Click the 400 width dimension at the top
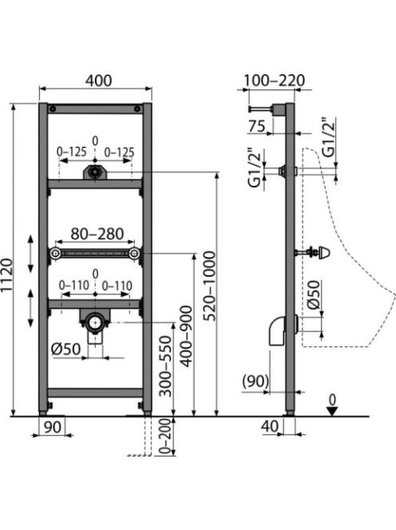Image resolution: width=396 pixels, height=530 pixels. pos(98,81)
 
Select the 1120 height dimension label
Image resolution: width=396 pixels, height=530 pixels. pos(6,275)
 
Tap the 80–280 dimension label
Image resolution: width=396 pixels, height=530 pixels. pos(97,234)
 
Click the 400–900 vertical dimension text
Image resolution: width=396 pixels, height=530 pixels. pos(186,336)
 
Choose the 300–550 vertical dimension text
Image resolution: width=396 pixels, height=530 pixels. pos(166,366)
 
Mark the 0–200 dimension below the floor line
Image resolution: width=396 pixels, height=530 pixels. pos(165,437)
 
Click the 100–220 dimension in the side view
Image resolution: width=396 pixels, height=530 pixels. pos(274,81)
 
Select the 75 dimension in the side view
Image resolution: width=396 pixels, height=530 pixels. pos(257,126)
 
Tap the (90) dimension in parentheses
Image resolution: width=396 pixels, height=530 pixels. pos(255,382)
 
